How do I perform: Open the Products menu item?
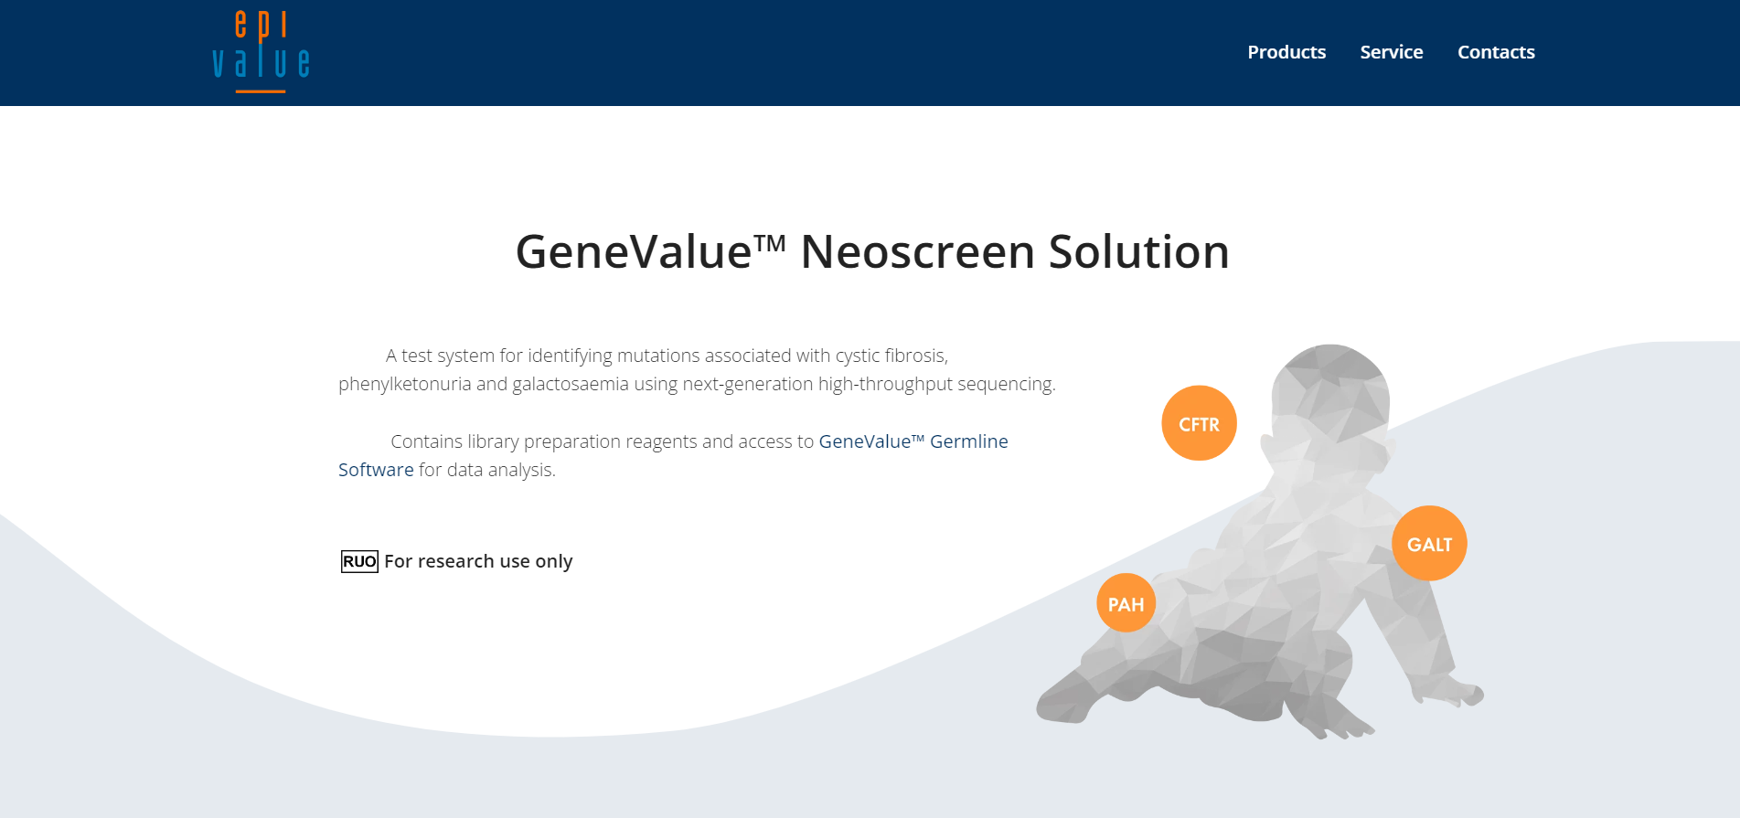pos(1286,52)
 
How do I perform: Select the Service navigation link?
pos(1391,52)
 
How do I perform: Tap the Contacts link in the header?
pos(1496,52)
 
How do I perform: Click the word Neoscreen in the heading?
pos(917,252)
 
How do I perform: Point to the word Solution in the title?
pos(1138,252)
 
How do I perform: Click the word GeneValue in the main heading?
pos(633,252)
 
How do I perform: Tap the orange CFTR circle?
pos(1199,423)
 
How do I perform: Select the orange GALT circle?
pos(1429,544)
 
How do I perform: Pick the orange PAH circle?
pos(1126,603)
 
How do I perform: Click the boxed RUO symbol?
pos(359,561)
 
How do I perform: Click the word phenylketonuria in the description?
pos(404,385)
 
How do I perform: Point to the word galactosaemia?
pos(570,385)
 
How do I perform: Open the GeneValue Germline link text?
pos(913,441)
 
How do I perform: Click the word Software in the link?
pos(376,470)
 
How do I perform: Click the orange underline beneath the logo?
pos(261,91)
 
